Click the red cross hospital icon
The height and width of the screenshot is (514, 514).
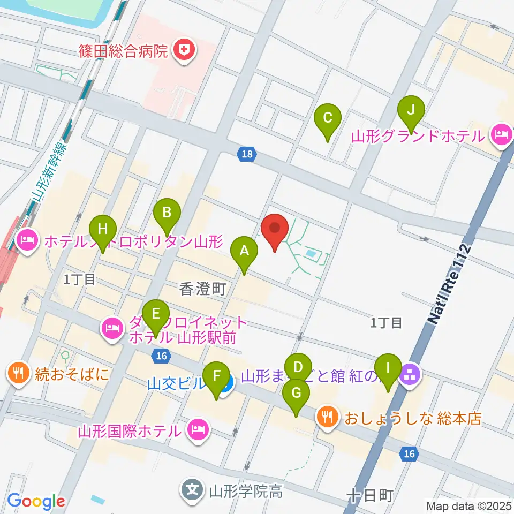point(184,51)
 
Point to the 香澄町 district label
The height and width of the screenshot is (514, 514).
point(203,290)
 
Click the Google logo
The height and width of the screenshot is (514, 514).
point(36,502)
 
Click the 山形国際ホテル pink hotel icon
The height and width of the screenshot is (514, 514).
point(198,429)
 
